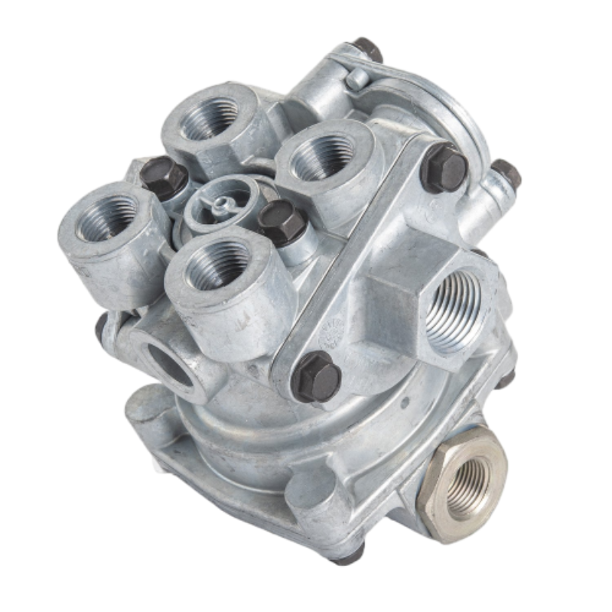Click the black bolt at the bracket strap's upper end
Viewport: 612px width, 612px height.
coord(443,166)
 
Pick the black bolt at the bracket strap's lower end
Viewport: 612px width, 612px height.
coord(316,376)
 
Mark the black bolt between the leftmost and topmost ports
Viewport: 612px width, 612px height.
coord(163,175)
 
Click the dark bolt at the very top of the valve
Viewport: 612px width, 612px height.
coord(367,49)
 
